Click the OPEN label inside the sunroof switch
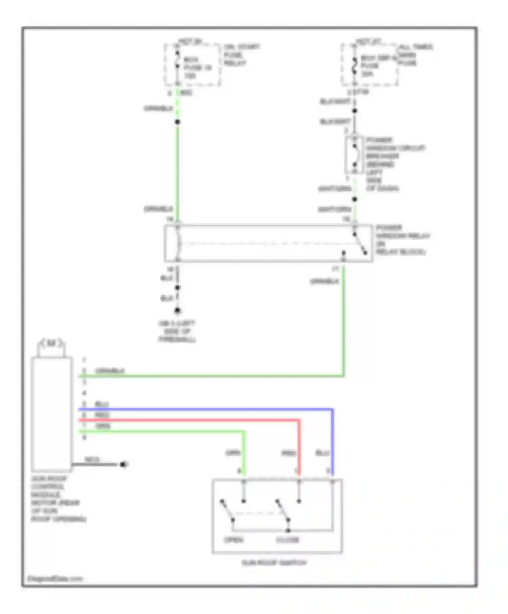(x=233, y=540)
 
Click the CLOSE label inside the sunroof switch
(x=288, y=540)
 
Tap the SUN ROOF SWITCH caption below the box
(x=274, y=563)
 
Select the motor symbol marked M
(x=51, y=344)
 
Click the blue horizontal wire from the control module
(x=203, y=409)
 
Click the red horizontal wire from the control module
(x=186, y=420)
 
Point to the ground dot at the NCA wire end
(x=123, y=464)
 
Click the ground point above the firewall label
(x=177, y=311)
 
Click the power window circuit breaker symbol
(x=354, y=156)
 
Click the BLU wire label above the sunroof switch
(x=322, y=453)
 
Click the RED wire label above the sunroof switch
(x=289, y=453)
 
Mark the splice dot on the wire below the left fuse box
(x=177, y=122)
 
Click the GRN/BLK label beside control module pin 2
(x=110, y=371)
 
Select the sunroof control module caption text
(x=58, y=499)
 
